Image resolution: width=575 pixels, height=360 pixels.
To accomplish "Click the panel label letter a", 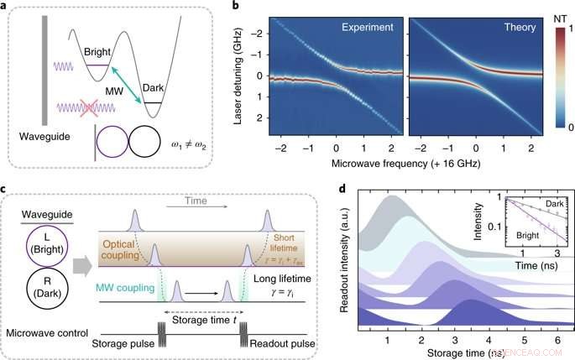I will pos(7,7).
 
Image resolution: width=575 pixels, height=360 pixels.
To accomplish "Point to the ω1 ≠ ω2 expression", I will pos(199,139).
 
